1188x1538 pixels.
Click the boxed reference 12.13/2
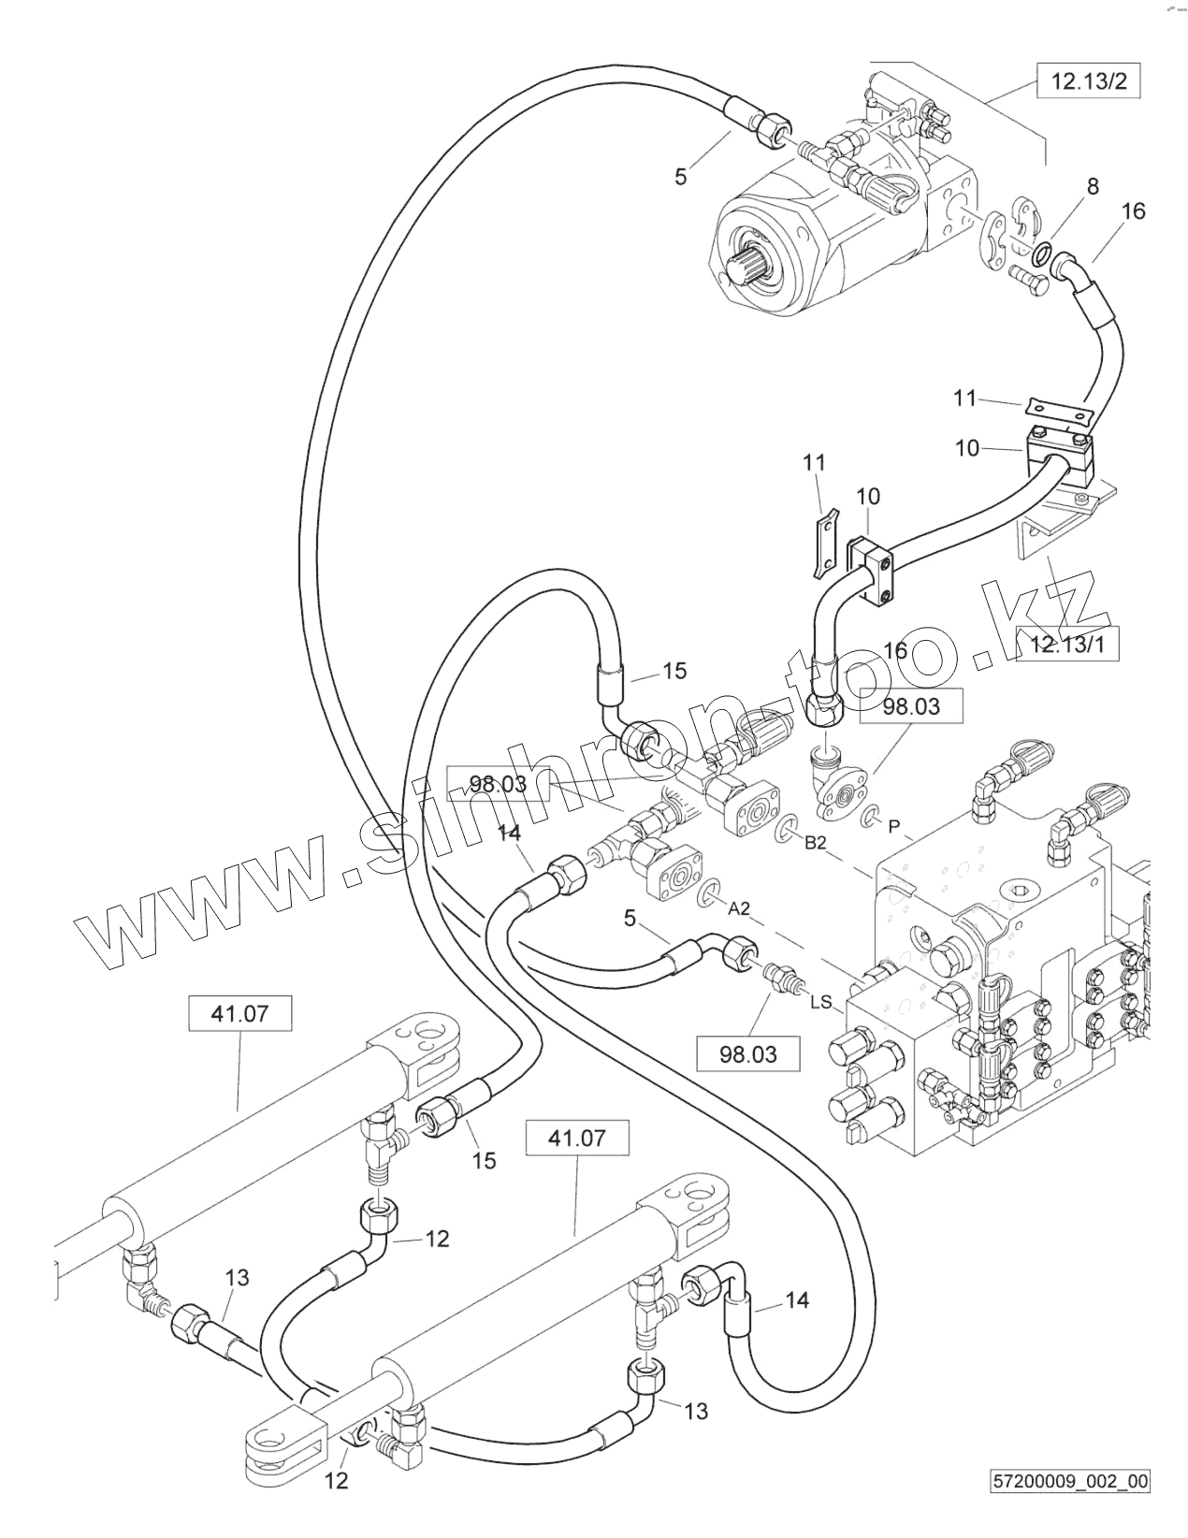pos(1090,81)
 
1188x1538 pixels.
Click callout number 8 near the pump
pos(1092,186)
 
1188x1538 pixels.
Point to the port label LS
pos(819,1002)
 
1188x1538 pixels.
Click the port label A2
pos(739,908)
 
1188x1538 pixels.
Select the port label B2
pos(816,843)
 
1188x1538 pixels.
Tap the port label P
pos(894,825)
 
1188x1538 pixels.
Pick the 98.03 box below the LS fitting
pos(748,1054)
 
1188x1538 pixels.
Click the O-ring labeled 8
pos(1043,251)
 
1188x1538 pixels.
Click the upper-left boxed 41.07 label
pos(240,1013)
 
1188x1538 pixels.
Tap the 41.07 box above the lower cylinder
pos(577,1139)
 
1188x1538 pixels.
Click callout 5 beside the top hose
pos(681,175)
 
